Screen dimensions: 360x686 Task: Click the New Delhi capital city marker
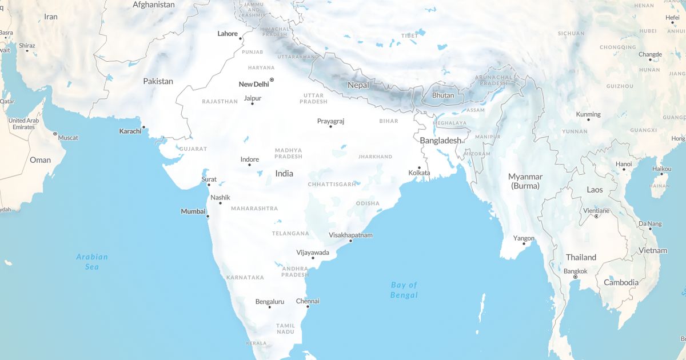272,79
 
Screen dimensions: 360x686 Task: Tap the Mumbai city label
193,211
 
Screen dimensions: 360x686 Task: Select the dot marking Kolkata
419,167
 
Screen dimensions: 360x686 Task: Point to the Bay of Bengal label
404,290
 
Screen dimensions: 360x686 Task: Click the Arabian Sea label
92,262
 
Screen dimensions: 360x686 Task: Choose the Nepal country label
358,85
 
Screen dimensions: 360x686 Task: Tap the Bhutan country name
443,95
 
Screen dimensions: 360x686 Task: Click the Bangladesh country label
440,141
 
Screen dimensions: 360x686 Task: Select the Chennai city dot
308,307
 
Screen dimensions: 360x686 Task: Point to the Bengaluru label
270,301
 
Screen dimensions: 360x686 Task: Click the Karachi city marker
143,127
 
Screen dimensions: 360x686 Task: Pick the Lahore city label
228,34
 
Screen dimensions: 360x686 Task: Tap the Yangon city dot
524,244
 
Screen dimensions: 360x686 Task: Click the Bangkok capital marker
575,277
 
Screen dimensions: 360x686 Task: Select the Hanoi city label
624,164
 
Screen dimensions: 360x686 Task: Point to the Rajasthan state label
220,102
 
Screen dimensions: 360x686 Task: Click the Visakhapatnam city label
351,235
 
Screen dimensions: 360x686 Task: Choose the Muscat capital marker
55,134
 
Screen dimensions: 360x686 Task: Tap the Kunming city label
588,114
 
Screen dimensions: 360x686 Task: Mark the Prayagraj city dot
330,126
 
